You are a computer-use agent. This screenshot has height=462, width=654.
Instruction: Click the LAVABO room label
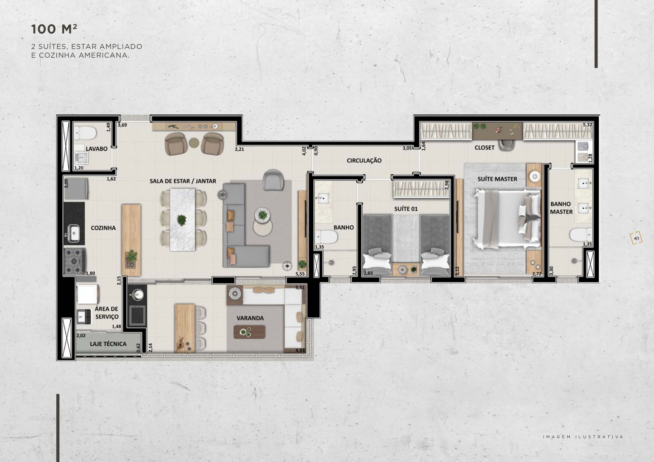pyautogui.click(x=96, y=149)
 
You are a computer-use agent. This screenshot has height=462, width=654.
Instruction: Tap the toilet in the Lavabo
pyautogui.click(x=86, y=133)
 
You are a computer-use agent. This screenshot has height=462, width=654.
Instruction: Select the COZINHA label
pyautogui.click(x=103, y=228)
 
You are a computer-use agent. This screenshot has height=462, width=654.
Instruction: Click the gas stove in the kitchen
pyautogui.click(x=75, y=261)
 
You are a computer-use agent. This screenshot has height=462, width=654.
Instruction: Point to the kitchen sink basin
pyautogui.click(x=74, y=233)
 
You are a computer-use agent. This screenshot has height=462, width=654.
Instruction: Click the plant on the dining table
pyautogui.click(x=182, y=220)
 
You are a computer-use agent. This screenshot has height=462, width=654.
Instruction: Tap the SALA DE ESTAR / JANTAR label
pyautogui.click(x=183, y=181)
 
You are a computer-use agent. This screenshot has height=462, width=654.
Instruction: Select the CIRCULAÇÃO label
pyautogui.click(x=364, y=161)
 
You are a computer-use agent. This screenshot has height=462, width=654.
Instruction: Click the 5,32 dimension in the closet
pyautogui.click(x=587, y=125)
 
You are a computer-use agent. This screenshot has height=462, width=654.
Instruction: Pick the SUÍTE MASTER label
pyautogui.click(x=497, y=179)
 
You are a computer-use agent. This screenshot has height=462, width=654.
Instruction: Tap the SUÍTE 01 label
pyautogui.click(x=406, y=209)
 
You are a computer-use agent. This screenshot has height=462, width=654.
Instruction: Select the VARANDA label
pyautogui.click(x=250, y=318)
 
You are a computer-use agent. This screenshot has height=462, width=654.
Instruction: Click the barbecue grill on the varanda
pyautogui.click(x=138, y=315)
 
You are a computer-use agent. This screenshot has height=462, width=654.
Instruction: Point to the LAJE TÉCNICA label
pyautogui.click(x=108, y=344)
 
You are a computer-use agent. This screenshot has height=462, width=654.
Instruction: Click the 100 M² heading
pyautogui.click(x=54, y=29)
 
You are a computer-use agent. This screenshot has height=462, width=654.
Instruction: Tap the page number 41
pyautogui.click(x=636, y=239)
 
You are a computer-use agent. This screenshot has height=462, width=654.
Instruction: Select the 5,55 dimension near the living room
pyautogui.click(x=300, y=274)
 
